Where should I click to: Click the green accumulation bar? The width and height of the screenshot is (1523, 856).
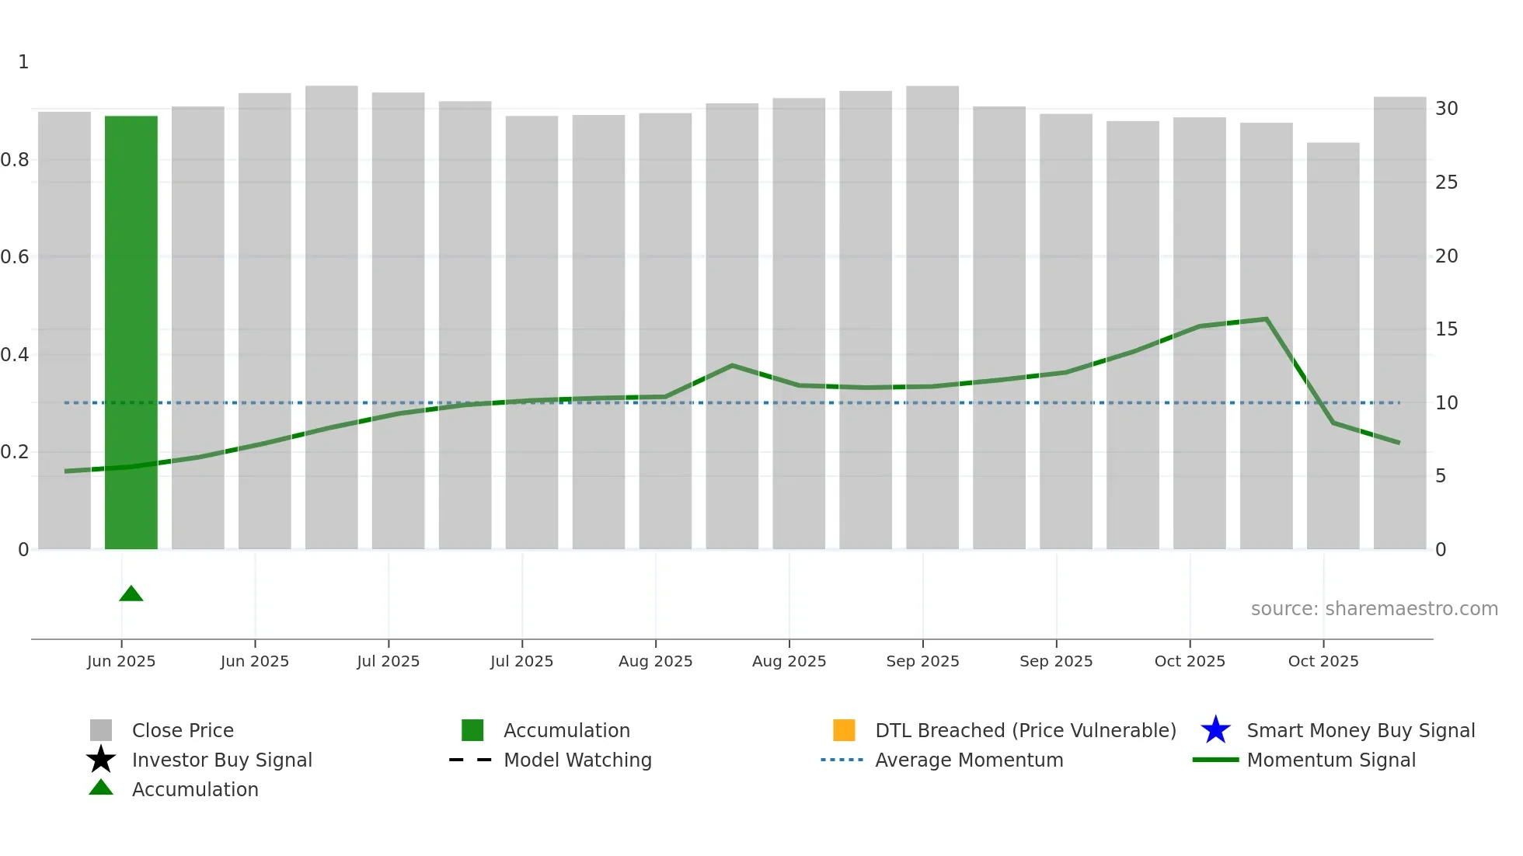tap(131, 334)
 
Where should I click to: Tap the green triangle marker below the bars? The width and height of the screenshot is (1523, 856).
tap(131, 594)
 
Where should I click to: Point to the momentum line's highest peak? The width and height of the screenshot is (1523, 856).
tap(1267, 319)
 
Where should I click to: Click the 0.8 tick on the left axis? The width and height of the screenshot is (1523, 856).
tap(15, 160)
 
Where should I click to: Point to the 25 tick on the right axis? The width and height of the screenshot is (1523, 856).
tap(1446, 183)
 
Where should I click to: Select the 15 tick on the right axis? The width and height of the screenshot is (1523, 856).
tap(1446, 329)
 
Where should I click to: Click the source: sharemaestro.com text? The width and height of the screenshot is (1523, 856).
tap(1374, 609)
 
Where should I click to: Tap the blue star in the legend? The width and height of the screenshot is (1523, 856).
tap(1215, 730)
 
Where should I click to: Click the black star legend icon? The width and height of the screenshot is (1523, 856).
tap(101, 760)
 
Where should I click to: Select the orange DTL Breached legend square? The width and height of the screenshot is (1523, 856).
tap(844, 730)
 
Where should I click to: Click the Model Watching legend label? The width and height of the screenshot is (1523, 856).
tap(577, 760)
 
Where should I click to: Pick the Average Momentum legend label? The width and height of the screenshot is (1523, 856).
tap(969, 760)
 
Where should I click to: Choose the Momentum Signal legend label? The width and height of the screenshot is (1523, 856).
tap(1331, 760)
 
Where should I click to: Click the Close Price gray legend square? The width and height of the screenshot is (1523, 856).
tap(101, 730)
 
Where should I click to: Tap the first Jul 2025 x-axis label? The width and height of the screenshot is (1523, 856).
tap(388, 661)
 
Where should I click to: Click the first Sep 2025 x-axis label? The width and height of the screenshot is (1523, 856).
tap(922, 661)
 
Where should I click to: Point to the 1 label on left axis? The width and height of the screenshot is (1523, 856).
tap(23, 62)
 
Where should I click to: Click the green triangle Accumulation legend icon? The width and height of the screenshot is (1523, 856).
tap(101, 788)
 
